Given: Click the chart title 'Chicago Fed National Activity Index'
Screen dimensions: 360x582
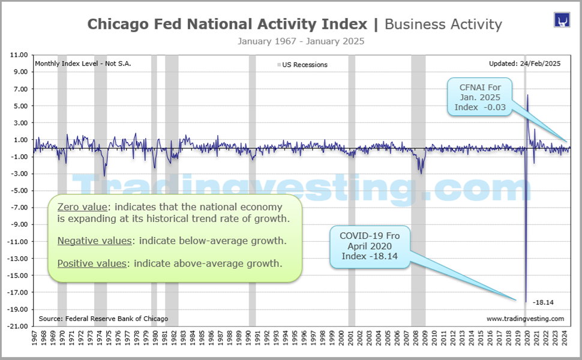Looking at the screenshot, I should point(227,24).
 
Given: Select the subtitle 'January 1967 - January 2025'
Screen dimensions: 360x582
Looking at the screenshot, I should point(301,41).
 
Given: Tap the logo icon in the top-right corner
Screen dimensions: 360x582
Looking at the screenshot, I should point(562,19).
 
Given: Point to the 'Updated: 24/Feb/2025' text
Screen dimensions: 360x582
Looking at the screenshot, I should point(525,64).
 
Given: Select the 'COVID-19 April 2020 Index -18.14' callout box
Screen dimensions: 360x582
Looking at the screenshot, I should point(369,246).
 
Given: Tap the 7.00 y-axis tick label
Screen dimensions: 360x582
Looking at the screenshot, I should point(20,89).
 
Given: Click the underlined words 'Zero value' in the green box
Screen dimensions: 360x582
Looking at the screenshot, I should point(78,207).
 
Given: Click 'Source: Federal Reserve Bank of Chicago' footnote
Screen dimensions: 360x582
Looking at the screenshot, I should point(103,319).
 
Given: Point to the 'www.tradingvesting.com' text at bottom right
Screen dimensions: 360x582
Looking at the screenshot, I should point(525,319).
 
